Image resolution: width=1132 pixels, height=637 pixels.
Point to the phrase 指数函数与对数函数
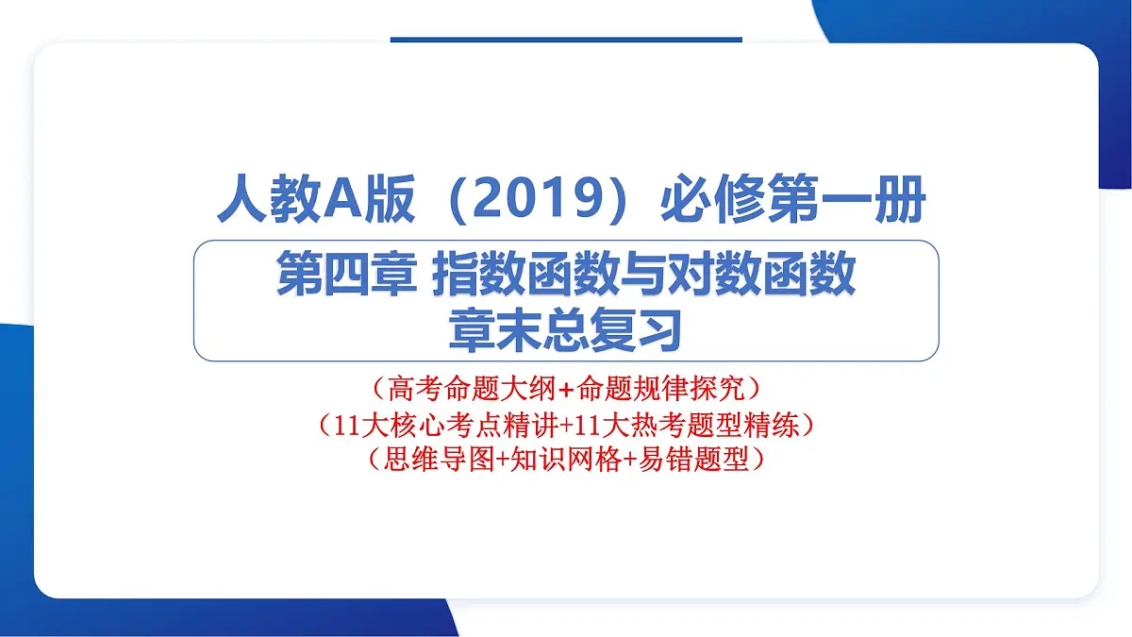pyautogui.click(x=643, y=277)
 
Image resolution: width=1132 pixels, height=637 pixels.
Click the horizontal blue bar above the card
pyautogui.click(x=566, y=40)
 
